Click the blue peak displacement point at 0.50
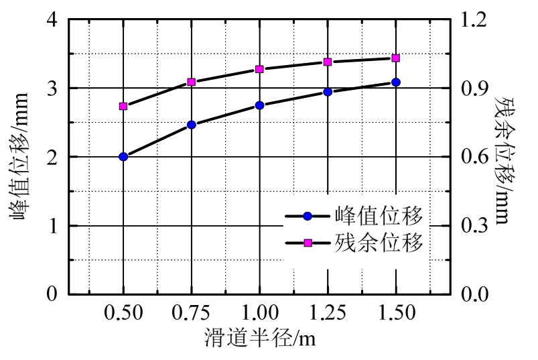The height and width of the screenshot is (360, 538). point(123,157)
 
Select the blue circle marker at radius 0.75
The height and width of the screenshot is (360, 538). point(191,125)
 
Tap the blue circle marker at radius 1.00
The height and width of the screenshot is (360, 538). point(259,105)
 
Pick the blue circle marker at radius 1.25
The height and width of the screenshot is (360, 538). point(328,92)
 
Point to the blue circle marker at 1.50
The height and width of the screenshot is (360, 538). point(396,82)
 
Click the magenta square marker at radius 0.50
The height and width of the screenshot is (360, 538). point(123,106)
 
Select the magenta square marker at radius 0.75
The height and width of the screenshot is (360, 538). point(191,82)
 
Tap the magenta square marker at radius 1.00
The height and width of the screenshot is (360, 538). point(259,69)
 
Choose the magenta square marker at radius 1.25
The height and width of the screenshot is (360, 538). point(328,62)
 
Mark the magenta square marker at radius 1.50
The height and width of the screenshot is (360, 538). point(396,58)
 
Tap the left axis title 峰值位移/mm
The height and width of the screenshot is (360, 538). point(18,158)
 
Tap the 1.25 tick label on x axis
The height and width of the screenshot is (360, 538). point(328,313)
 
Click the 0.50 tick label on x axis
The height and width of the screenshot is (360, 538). point(123,313)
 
